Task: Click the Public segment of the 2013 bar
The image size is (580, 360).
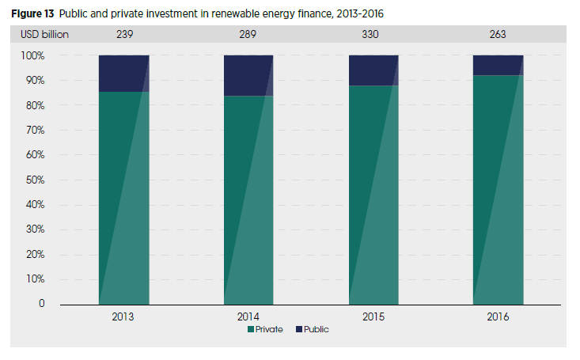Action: point(123,73)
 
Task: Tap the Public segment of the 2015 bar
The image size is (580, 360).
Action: point(373,70)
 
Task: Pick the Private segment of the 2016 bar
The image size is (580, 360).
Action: point(498,190)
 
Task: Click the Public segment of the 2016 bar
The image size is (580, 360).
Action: point(498,65)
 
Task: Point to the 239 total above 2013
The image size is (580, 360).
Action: point(123,35)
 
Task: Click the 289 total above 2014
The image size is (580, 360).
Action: point(248,35)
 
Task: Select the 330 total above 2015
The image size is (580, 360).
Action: point(373,35)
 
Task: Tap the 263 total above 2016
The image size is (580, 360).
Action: point(498,35)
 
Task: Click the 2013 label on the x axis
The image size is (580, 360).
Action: point(123,316)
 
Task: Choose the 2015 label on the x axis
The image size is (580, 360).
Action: point(373,316)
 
